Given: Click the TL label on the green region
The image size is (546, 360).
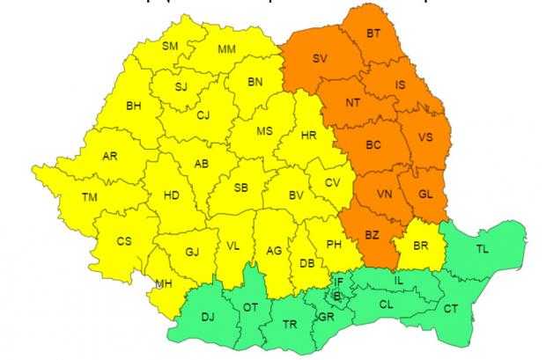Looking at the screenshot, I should pos(483,249).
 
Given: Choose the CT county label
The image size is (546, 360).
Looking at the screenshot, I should pos(451,309).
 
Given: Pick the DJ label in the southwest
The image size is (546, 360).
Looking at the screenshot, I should pos(208,316).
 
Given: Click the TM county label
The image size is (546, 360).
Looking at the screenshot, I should pos(89,197).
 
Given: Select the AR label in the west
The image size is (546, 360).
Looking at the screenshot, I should pos(110,157).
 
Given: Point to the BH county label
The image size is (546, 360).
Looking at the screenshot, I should pos(134,107).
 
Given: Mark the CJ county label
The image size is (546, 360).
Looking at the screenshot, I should pos(203,114).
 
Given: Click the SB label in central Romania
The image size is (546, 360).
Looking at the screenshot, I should pos(240,187).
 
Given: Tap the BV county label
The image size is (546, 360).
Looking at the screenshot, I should pos(297,195).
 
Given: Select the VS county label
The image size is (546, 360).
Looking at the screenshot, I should pos(424,137).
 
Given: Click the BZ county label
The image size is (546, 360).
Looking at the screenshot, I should pos(372,234).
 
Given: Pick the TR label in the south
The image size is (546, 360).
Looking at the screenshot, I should pos(289,324).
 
